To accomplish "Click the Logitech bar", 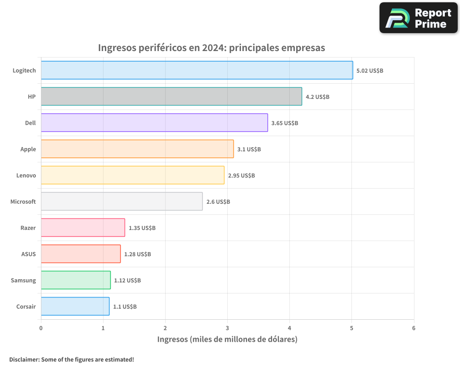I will (x=197, y=70).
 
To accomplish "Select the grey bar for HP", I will (x=171, y=97).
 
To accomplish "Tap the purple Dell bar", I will (x=154, y=123).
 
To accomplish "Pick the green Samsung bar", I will (x=75, y=280).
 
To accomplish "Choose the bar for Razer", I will (x=83, y=228).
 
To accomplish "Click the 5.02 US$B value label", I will (x=370, y=71).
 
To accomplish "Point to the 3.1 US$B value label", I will (x=249, y=149).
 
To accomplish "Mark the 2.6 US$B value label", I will (x=218, y=202).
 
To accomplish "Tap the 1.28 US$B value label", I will (x=138, y=254).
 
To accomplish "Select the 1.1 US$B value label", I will (x=125, y=307).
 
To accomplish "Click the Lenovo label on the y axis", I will (x=26, y=176).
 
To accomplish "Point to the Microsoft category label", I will (x=23, y=202).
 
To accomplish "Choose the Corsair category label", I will (x=26, y=307).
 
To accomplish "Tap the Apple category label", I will (x=28, y=149).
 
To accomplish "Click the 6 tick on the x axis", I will (x=414, y=328).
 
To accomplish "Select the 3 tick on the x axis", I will (x=227, y=328).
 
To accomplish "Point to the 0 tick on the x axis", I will (x=41, y=328).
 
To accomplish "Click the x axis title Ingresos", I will (x=227, y=339).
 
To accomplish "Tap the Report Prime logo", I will (x=419, y=18).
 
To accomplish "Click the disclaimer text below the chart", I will (x=72, y=359).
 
